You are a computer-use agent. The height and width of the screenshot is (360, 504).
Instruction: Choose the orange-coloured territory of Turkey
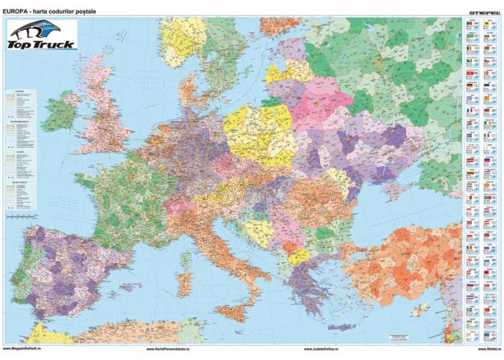(x=403, y=258)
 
